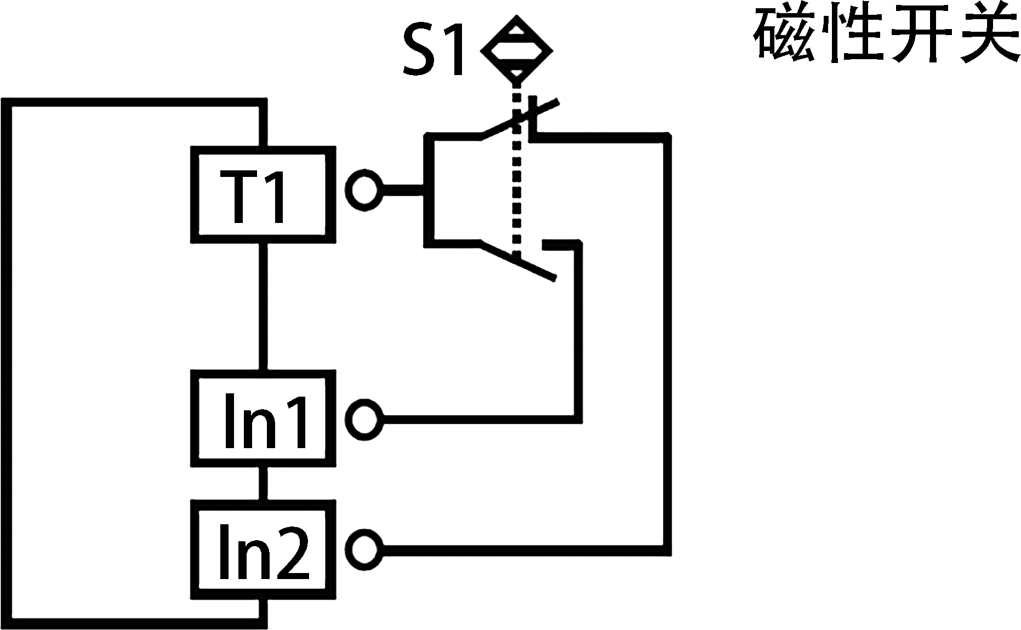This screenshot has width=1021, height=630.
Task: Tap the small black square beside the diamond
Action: (x=432, y=49)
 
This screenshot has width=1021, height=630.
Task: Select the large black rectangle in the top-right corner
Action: (x=886, y=32)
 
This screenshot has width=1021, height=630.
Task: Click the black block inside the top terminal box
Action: (x=251, y=197)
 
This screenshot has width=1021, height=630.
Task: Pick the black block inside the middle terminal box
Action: (x=265, y=420)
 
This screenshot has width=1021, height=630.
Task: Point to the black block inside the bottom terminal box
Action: (x=264, y=551)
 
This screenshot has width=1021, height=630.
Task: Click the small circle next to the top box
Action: (x=363, y=190)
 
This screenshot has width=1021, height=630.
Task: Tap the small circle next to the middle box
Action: (x=363, y=420)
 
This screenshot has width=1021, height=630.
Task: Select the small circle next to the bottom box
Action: (x=363, y=549)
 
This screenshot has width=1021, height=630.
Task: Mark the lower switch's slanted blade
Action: (x=518, y=262)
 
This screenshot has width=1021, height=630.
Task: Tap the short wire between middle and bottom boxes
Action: (x=263, y=483)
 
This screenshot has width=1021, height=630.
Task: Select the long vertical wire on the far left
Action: (x=7, y=362)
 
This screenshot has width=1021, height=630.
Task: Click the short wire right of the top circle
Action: (x=403, y=190)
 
